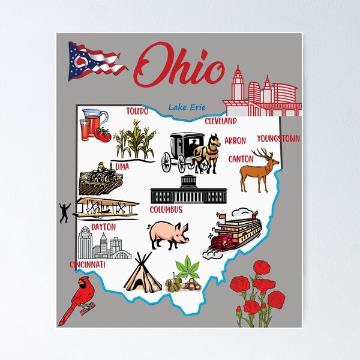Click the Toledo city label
point(137,111)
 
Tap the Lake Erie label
point(187,107)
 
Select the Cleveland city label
point(221,121)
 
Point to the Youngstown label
point(278,139)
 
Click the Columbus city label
point(166,210)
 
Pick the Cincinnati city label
point(88,265)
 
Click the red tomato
point(103,135)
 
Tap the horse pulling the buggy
point(208,153)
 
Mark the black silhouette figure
point(65,212)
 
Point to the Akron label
point(235,140)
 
